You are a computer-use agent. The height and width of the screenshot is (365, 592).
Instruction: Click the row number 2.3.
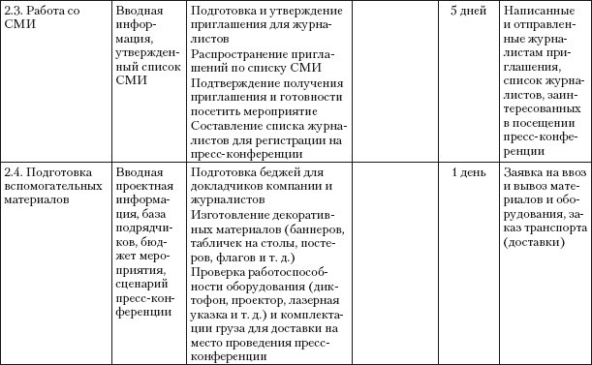click(x=15, y=9)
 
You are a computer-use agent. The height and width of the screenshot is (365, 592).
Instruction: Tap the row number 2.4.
click(x=15, y=172)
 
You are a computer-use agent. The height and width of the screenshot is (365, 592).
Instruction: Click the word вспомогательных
click(x=46, y=187)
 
